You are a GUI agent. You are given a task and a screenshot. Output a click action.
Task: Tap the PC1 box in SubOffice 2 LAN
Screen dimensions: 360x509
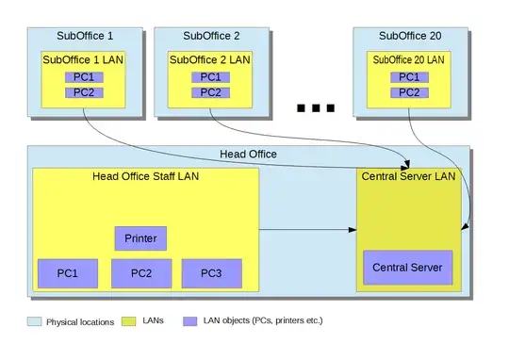(x=209, y=76)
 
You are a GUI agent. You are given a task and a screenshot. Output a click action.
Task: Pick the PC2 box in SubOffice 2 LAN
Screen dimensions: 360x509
(x=209, y=92)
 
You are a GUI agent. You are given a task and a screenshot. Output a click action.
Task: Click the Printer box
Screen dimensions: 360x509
(x=140, y=238)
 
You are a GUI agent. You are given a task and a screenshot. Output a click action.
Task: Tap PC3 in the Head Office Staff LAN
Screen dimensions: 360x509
(x=211, y=273)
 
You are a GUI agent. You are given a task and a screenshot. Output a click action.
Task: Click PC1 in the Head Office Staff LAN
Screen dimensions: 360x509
(x=67, y=273)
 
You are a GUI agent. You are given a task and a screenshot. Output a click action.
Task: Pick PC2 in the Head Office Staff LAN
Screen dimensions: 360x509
(x=140, y=273)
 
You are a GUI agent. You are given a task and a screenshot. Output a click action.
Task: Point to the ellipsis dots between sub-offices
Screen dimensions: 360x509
(x=316, y=108)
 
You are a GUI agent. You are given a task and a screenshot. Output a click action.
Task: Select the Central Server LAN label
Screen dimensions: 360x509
(x=408, y=175)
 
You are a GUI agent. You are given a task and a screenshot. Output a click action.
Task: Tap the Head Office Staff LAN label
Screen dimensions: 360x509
(x=145, y=175)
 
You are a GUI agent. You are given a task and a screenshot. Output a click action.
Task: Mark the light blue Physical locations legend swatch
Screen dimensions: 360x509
(x=36, y=321)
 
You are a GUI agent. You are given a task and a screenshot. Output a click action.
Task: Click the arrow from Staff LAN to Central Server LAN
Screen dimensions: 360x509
(x=306, y=229)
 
